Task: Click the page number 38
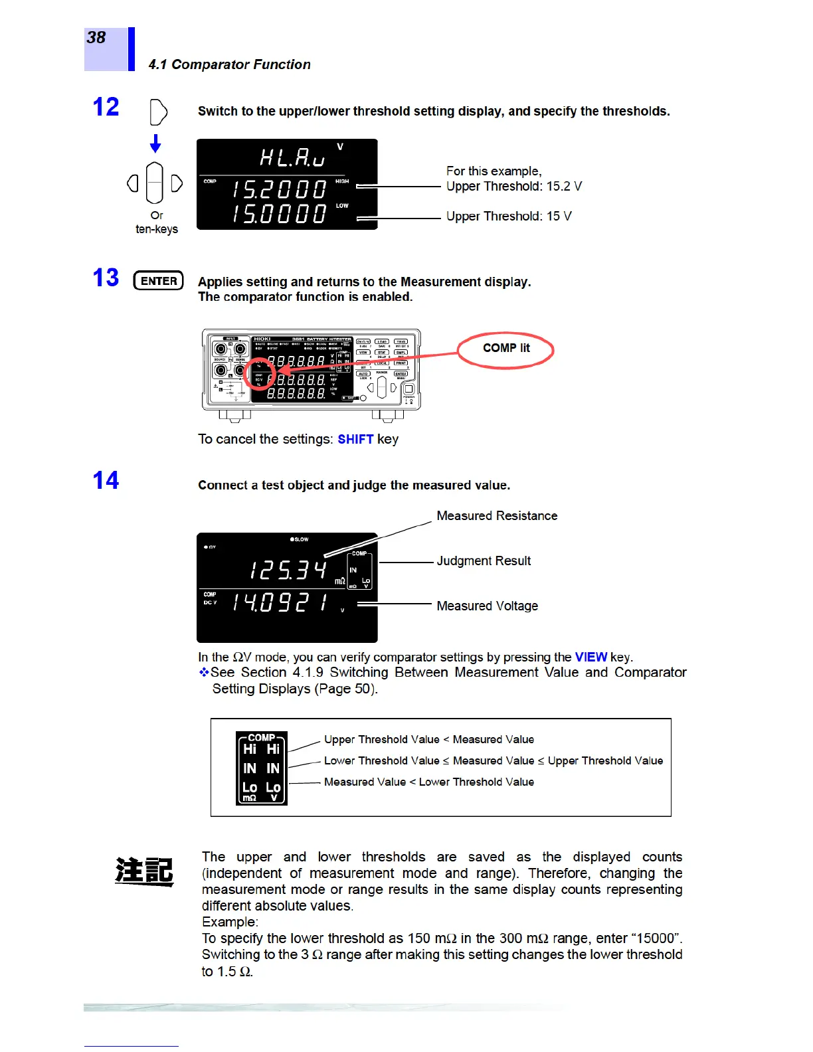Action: point(96,38)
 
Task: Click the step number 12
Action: point(106,107)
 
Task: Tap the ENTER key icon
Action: point(159,281)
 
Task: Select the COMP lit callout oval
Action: point(506,349)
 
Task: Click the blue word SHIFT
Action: point(355,439)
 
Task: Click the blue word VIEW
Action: point(590,657)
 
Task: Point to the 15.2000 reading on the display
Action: point(280,190)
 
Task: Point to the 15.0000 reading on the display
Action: point(280,214)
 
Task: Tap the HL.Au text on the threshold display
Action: point(292,157)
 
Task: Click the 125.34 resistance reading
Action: point(288,570)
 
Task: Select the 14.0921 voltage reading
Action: point(280,602)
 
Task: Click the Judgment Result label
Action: point(484,561)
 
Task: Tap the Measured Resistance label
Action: point(497,516)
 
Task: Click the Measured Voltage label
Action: point(487,606)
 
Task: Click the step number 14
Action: point(106,480)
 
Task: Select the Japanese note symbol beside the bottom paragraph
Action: point(144,871)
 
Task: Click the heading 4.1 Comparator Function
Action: point(229,64)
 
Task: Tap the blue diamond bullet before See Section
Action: point(204,672)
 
